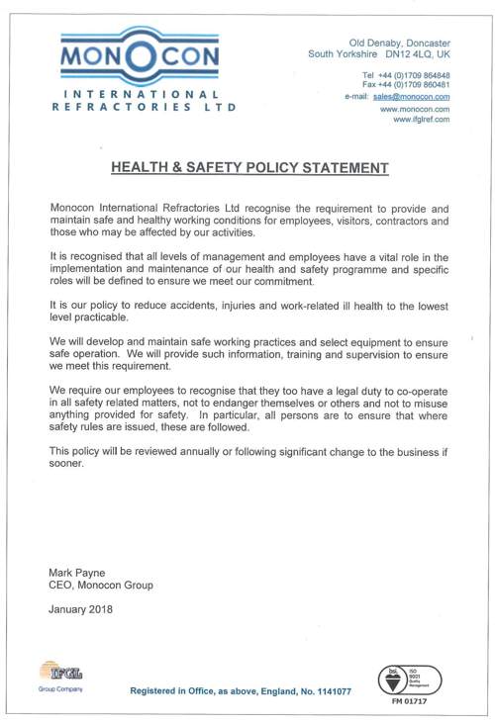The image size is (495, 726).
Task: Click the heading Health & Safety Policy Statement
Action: [248, 168]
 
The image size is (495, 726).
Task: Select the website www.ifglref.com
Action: [422, 119]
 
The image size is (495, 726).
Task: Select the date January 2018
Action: [81, 608]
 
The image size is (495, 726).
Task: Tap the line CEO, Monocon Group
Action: [101, 586]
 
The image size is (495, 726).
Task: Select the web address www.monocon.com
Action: [416, 109]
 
